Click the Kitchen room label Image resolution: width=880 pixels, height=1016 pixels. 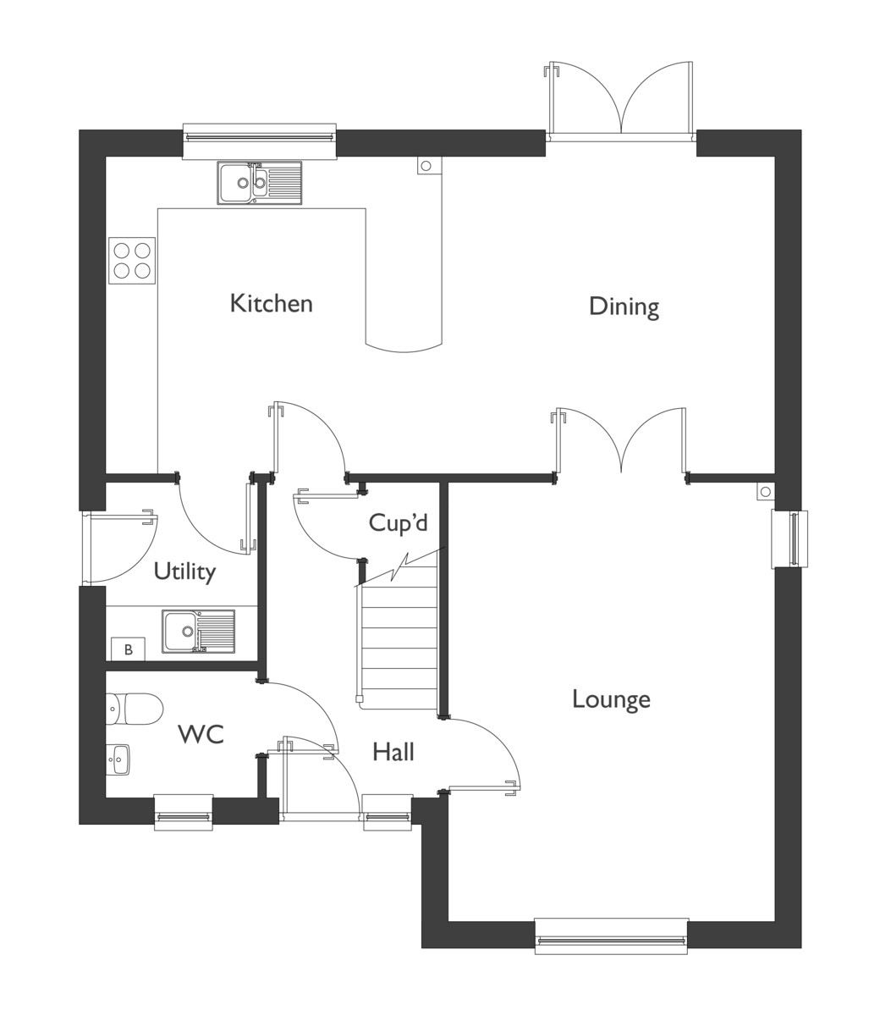coord(272,303)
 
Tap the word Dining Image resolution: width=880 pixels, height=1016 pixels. coord(624,306)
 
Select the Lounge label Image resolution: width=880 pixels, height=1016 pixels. coord(611,699)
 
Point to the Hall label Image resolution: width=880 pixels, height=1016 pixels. coord(393,752)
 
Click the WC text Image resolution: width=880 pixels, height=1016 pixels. coord(201,735)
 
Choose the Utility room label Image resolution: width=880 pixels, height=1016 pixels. coord(184,572)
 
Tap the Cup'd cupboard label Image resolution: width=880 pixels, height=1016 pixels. coord(398,522)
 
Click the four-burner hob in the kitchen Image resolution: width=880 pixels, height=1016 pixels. coord(132,261)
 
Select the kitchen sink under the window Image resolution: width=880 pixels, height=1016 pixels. coord(260,183)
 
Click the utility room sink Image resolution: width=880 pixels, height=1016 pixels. coord(198,632)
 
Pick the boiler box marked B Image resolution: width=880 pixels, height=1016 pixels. coord(129,649)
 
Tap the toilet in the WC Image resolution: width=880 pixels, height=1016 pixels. coord(135,709)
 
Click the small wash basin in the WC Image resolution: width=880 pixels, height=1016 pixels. coord(118,759)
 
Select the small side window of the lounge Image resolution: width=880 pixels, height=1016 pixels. coord(789,538)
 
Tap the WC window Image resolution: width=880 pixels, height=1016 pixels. coord(184,816)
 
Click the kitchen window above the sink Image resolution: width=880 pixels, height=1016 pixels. coord(260,141)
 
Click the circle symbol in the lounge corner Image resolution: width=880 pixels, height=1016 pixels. coord(766,492)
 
